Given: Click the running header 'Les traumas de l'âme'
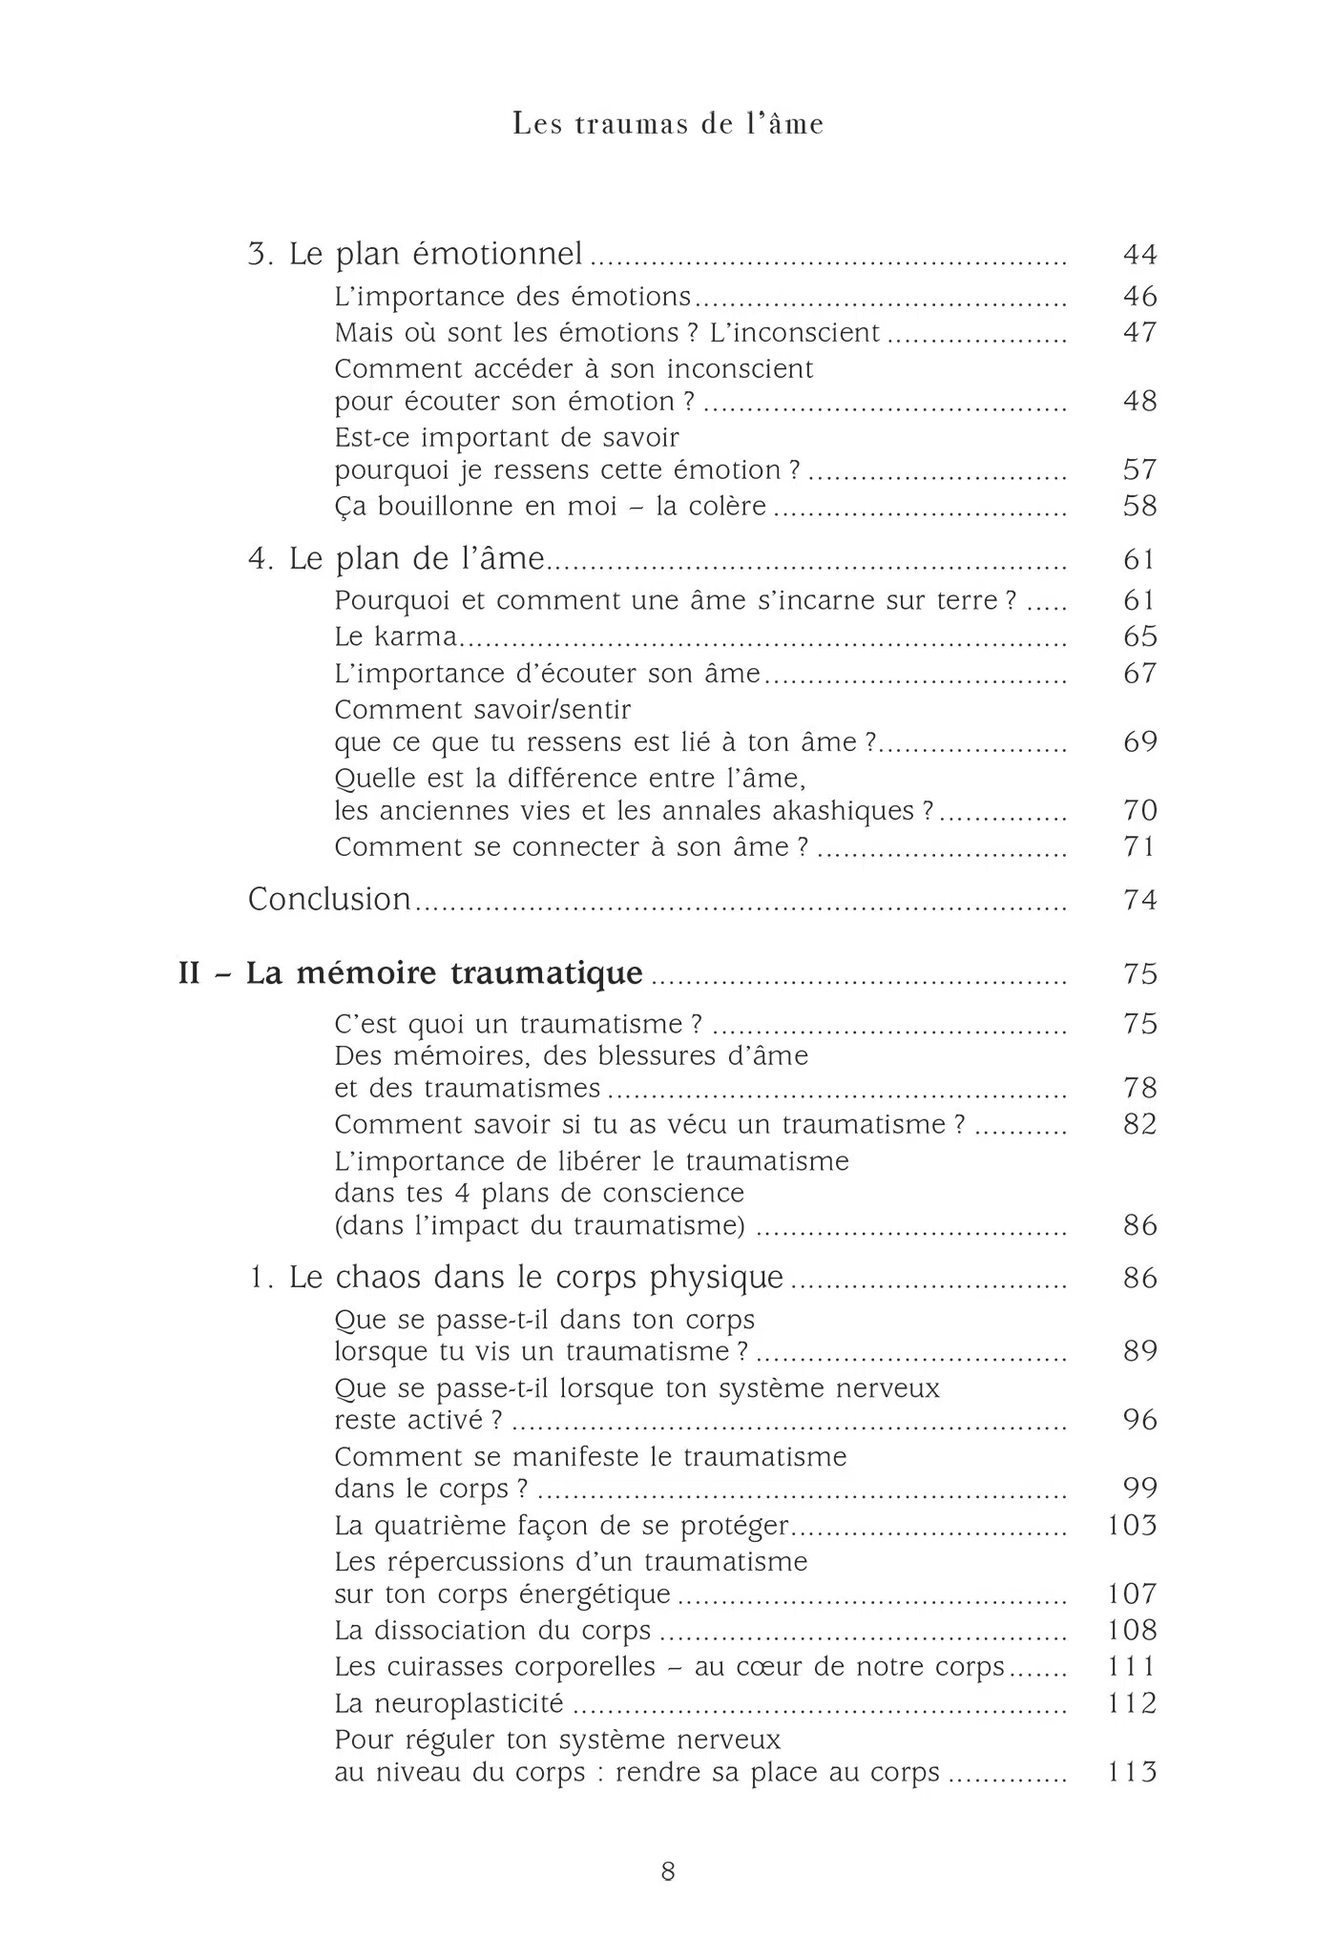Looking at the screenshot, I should tap(668, 124).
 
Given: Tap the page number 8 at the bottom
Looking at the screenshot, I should tap(668, 1872).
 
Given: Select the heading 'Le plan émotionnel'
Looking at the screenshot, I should tap(435, 255).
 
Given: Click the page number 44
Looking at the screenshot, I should tap(1139, 255).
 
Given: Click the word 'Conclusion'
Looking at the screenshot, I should tap(329, 900).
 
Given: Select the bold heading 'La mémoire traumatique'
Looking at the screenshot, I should tap(445, 973).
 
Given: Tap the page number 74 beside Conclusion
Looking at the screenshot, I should tap(1139, 900).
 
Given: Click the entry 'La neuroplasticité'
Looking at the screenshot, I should tap(449, 1703).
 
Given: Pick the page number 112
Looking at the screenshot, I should tap(1132, 1703).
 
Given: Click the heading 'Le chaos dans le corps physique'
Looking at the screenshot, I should tap(536, 1278).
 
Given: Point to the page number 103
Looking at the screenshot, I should tap(1132, 1526).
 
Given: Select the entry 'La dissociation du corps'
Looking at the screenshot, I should tap(492, 1631).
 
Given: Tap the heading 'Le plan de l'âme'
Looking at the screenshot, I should tap(416, 559).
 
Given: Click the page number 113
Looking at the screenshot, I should tap(1132, 1772).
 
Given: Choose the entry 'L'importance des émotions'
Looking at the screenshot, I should tap(512, 297).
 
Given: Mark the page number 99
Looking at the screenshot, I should tap(1139, 1488).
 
